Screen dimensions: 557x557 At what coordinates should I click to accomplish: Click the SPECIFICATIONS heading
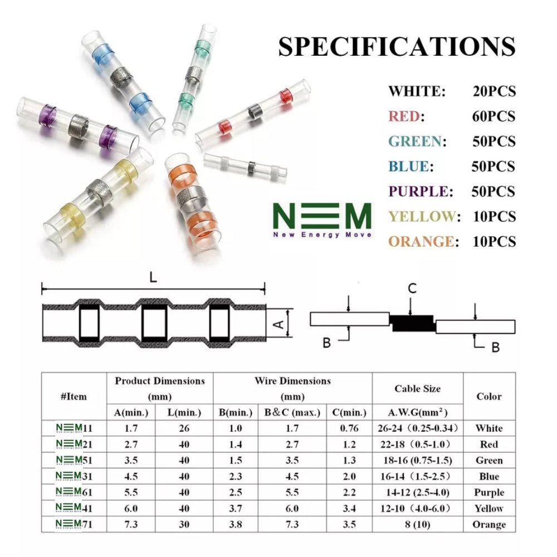(x=397, y=47)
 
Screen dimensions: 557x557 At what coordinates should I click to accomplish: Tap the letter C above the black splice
(x=412, y=288)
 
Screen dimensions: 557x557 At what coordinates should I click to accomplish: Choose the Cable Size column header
(x=417, y=389)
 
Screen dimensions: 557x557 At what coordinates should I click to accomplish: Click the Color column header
(x=488, y=397)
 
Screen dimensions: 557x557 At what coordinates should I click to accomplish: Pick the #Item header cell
(x=74, y=397)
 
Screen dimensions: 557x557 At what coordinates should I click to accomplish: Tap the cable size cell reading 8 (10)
(x=417, y=524)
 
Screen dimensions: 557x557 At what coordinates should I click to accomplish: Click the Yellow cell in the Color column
(x=489, y=508)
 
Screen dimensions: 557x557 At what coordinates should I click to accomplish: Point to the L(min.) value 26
(x=184, y=428)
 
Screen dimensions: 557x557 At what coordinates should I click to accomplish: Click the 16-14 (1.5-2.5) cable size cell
(x=417, y=476)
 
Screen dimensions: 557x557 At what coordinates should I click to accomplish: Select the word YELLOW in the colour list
(x=422, y=217)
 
